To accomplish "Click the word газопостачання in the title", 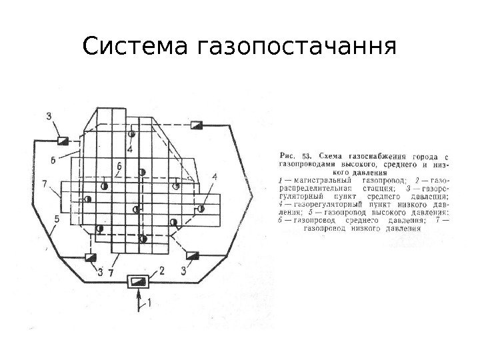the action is tap(296, 47).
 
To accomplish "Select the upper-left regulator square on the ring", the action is tap(63, 140).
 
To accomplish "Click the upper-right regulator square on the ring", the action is tap(196, 125).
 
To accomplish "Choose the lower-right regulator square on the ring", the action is tap(193, 256).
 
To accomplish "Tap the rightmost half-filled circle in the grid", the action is tap(201, 209).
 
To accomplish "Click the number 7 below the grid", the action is tap(111, 273).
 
